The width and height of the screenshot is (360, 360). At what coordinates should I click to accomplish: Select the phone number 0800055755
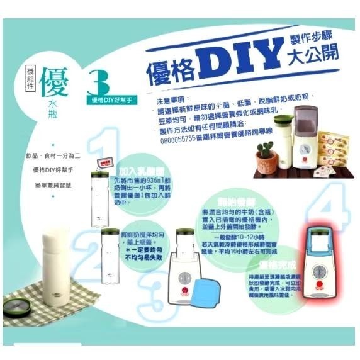[x=179, y=143]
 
